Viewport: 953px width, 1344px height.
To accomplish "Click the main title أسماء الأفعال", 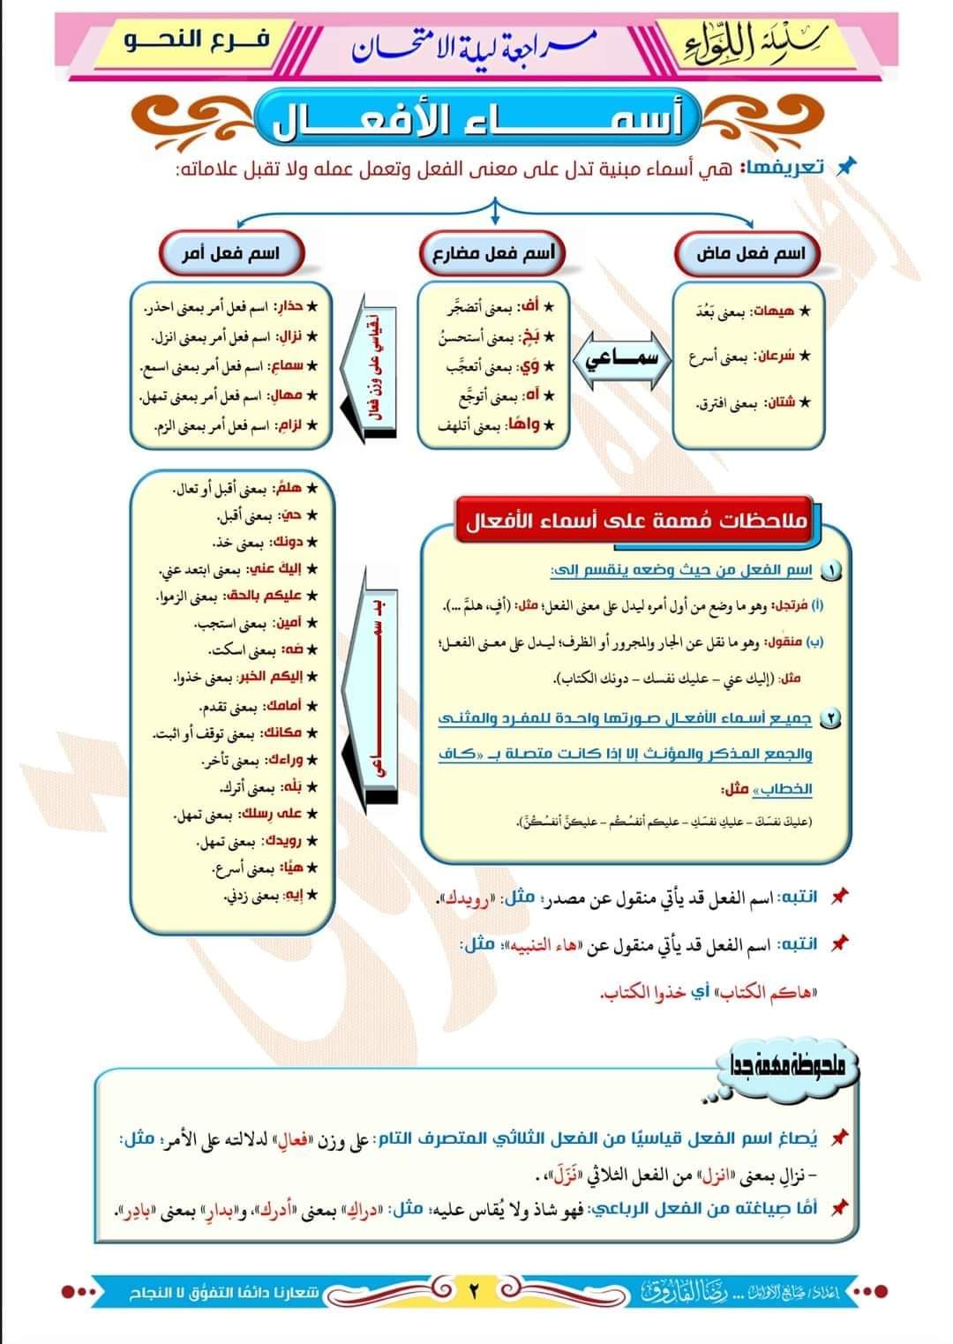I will coord(476,121).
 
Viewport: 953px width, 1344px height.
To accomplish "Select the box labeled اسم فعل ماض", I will coord(750,254).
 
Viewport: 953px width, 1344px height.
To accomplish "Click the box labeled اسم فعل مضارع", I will coord(492,254).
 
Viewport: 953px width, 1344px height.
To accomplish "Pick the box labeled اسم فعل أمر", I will coord(231,254).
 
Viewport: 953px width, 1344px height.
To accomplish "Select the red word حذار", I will coord(291,307).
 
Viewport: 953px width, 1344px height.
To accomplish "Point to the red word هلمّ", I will coord(289,488).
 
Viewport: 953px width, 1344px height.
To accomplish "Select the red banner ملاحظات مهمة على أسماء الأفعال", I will coord(636,521).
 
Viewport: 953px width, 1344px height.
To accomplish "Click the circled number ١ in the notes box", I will coord(830,571).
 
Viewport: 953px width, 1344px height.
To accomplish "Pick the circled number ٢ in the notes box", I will coord(830,719).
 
